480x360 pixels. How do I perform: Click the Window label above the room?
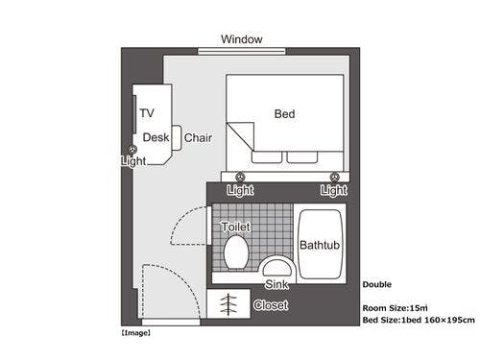[242, 39]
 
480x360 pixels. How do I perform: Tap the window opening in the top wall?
[242, 51]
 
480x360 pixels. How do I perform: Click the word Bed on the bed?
[284, 114]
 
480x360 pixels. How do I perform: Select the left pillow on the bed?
[267, 157]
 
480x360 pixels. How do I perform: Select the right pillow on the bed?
[302, 157]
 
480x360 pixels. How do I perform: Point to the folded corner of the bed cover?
[240, 136]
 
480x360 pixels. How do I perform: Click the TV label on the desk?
[147, 113]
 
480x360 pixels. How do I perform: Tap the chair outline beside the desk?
[177, 137]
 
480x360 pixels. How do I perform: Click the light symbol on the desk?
[132, 150]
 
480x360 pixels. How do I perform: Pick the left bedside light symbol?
[240, 177]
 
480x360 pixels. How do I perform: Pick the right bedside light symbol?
[335, 177]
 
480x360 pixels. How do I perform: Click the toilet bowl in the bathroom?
[236, 252]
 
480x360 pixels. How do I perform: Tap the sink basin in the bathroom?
[277, 267]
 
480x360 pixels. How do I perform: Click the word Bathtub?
[320, 245]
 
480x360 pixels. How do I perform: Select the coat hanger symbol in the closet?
[228, 304]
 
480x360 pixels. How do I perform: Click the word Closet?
[271, 305]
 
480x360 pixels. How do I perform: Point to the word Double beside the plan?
[377, 284]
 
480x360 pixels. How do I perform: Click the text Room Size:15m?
[395, 308]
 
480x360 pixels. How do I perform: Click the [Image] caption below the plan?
[136, 333]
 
